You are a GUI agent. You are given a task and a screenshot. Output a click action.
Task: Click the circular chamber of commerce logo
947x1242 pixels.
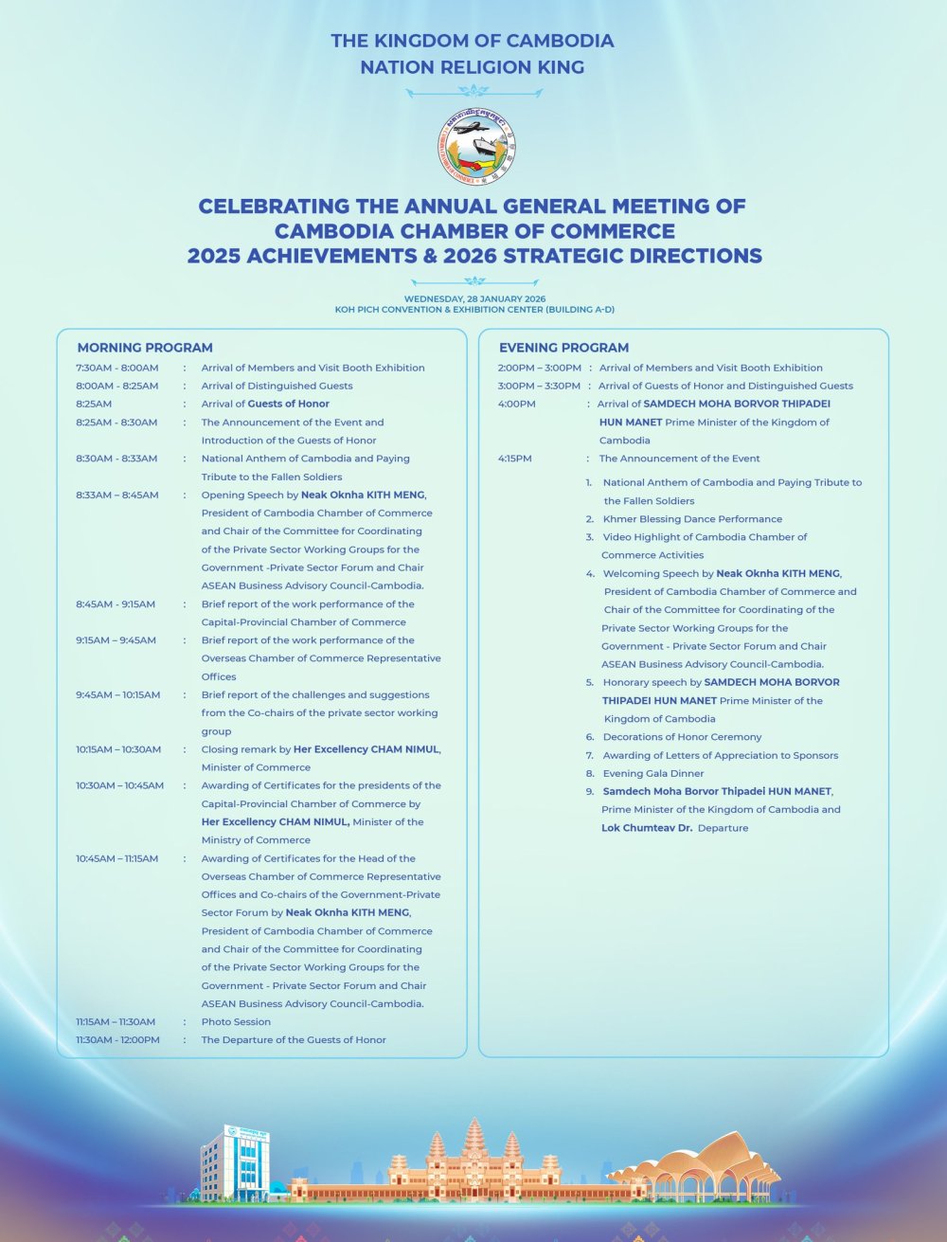(x=476, y=147)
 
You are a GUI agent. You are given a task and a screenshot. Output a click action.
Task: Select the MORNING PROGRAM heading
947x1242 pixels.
(x=145, y=348)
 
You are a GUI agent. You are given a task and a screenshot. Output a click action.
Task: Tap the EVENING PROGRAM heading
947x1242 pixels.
(x=563, y=348)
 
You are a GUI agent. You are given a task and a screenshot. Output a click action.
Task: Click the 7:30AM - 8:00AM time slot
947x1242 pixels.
(x=117, y=368)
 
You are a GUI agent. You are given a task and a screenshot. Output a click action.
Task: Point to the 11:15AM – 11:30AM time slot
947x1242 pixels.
(x=116, y=1021)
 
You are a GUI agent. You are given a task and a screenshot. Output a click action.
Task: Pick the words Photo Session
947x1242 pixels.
(x=236, y=1021)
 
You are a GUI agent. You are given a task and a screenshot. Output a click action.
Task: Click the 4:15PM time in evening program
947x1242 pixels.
(x=515, y=459)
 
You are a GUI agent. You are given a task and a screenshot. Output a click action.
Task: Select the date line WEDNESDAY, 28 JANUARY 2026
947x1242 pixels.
(x=474, y=298)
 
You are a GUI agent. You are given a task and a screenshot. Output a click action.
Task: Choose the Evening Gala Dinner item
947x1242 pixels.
(x=653, y=773)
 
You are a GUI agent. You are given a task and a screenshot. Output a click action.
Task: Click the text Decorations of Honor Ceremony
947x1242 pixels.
(x=682, y=737)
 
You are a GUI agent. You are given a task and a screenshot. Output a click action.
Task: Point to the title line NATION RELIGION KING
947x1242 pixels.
(x=472, y=67)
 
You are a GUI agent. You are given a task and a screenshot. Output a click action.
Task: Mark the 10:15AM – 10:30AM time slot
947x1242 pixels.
(x=118, y=749)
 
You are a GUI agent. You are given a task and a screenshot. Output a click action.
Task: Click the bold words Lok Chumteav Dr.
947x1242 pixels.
(x=647, y=828)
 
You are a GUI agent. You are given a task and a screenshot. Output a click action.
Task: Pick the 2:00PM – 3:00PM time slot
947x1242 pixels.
(x=539, y=368)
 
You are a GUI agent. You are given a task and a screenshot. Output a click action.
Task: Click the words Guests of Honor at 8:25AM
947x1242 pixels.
(x=289, y=404)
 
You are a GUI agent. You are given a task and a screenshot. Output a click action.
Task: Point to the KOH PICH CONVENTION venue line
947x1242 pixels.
(x=474, y=310)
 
